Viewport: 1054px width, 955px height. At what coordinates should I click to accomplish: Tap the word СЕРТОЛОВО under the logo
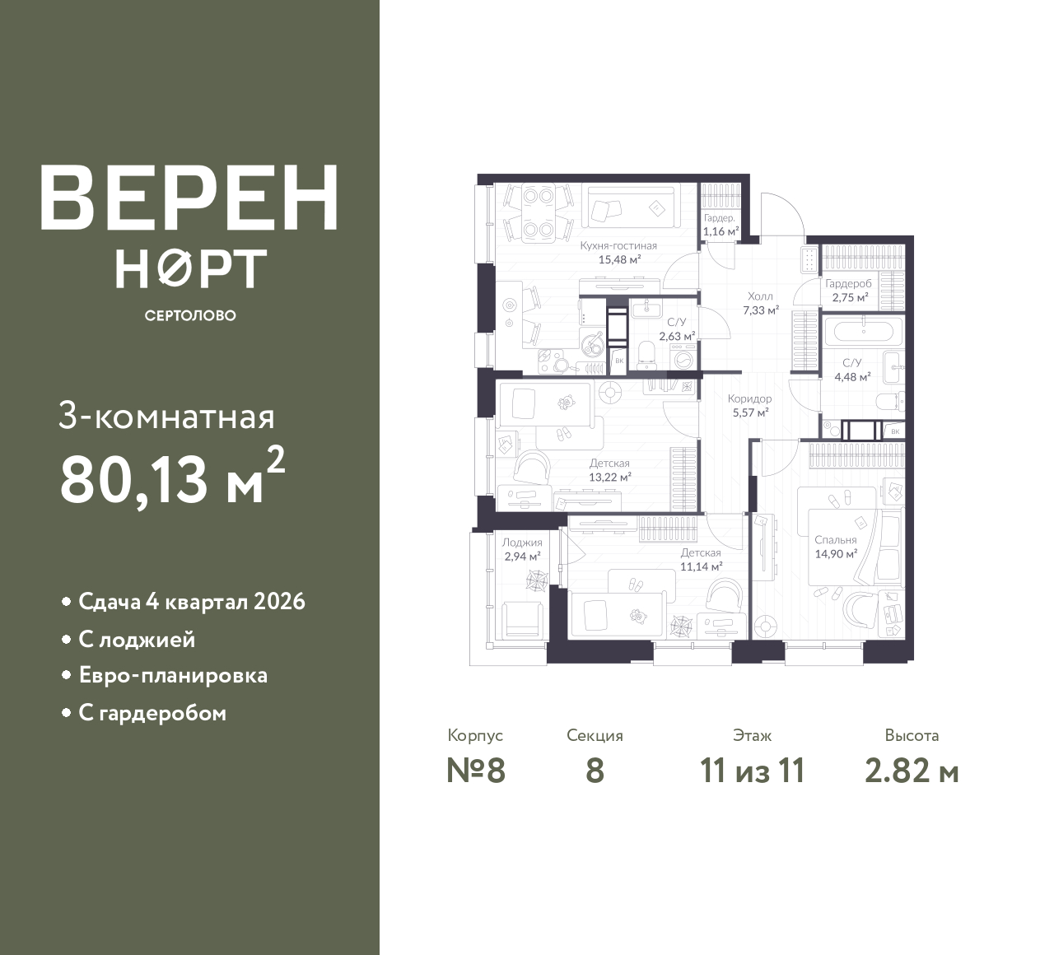tap(190, 315)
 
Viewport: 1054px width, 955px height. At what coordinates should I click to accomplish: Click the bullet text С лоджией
tap(137, 641)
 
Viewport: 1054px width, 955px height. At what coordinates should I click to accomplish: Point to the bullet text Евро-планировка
tap(173, 676)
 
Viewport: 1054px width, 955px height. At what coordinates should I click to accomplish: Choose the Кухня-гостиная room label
tap(618, 246)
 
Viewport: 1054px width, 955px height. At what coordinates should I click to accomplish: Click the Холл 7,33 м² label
tap(760, 303)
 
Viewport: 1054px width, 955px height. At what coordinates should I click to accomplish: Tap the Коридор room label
tap(750, 399)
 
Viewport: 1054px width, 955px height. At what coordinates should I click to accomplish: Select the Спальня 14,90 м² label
tap(836, 547)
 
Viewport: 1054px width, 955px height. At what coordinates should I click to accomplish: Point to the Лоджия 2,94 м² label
tap(522, 549)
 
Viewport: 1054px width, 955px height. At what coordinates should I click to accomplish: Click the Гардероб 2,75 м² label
tap(849, 291)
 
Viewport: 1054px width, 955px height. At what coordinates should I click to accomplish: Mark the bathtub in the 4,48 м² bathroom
tap(863, 332)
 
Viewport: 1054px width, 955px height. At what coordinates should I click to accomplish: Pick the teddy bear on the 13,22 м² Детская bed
tap(567, 403)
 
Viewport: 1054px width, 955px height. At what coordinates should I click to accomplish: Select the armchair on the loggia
tap(522, 621)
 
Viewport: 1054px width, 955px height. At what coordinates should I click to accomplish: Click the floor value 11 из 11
tap(753, 771)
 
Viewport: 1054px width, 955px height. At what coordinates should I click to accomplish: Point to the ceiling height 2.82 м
tap(912, 771)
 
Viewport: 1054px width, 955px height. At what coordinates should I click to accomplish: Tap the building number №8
tap(476, 771)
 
